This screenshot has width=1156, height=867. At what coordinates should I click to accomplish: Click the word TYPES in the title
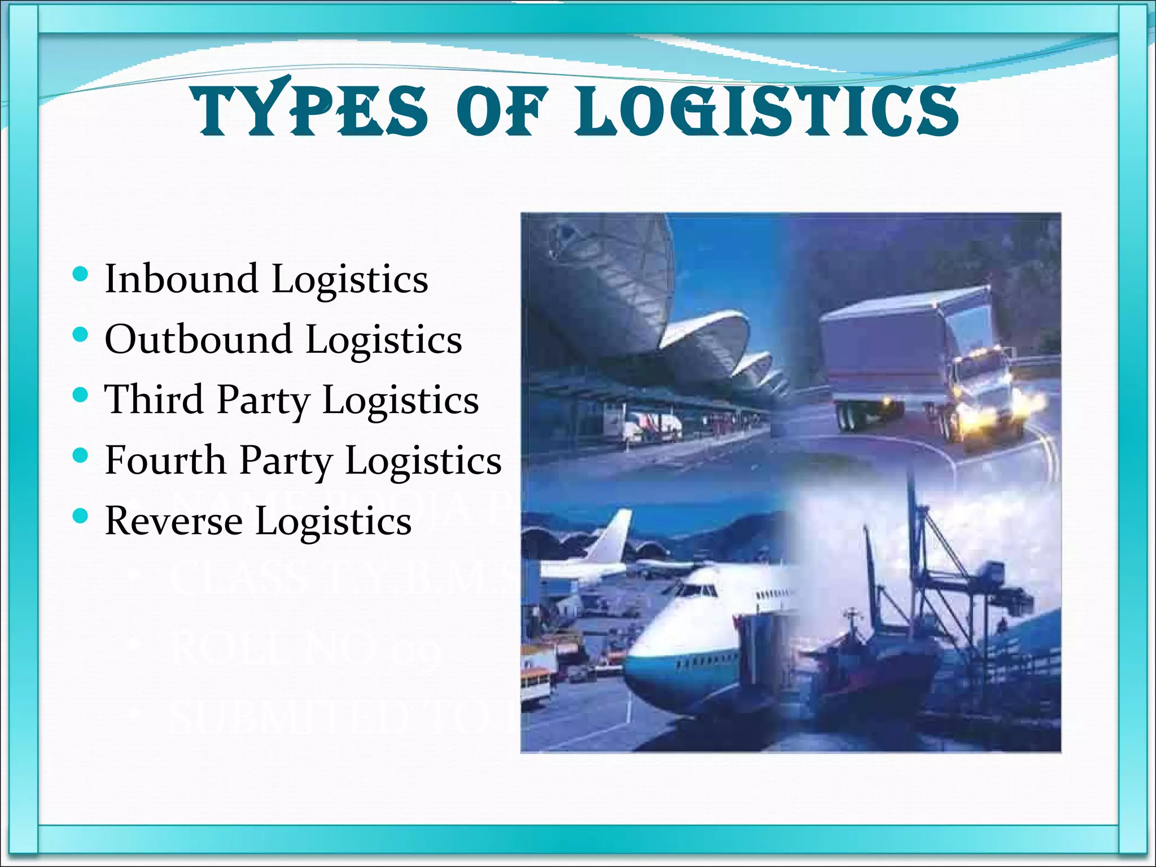click(x=310, y=111)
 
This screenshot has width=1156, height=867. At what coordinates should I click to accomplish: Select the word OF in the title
click(x=502, y=111)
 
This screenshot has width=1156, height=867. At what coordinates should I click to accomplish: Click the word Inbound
click(x=181, y=279)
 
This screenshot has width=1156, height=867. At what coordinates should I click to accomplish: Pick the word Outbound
click(x=198, y=339)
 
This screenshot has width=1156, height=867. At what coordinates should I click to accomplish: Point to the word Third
click(x=154, y=400)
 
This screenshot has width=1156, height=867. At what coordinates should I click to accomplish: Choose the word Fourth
click(x=165, y=460)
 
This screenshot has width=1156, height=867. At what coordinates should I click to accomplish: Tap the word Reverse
click(x=173, y=520)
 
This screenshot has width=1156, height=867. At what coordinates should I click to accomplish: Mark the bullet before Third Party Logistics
click(x=81, y=395)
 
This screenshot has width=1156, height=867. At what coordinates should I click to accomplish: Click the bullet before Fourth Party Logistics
click(x=81, y=456)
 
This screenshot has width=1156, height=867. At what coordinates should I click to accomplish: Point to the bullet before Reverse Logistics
click(x=81, y=516)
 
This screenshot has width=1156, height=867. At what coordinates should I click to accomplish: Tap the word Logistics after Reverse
click(x=334, y=522)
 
